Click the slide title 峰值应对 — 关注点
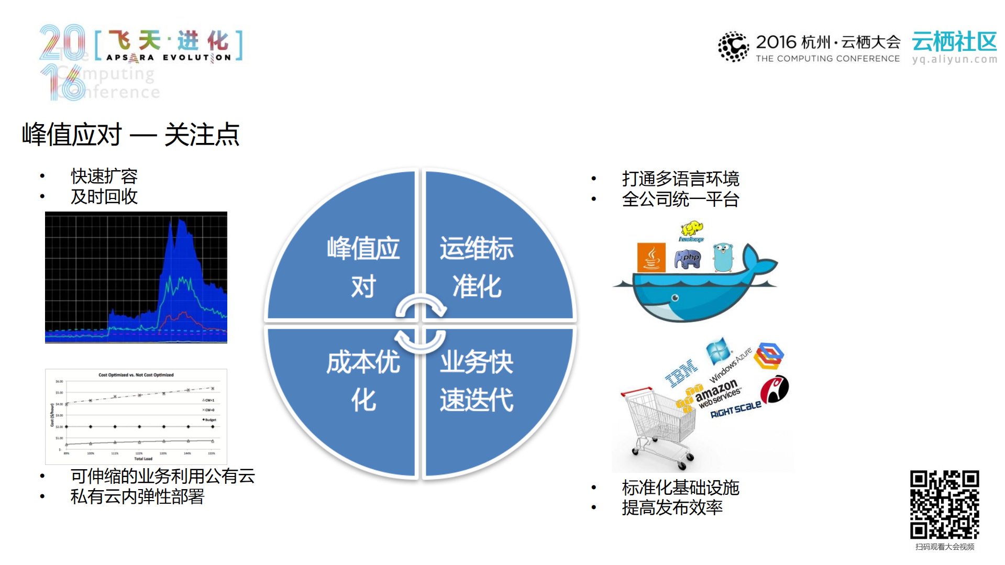(x=130, y=135)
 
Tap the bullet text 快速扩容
(x=104, y=176)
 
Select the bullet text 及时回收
(x=104, y=196)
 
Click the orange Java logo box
(x=651, y=257)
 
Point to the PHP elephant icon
(x=688, y=259)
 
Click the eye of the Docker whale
(x=675, y=298)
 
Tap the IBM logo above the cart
(x=681, y=373)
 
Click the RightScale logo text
(x=735, y=409)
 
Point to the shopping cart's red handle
(x=636, y=391)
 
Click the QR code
(x=944, y=504)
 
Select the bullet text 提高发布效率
(x=672, y=507)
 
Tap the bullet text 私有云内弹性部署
(x=137, y=496)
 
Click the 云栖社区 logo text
(x=954, y=42)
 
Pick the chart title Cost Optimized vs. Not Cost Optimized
(x=136, y=375)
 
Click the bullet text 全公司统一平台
(x=680, y=199)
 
